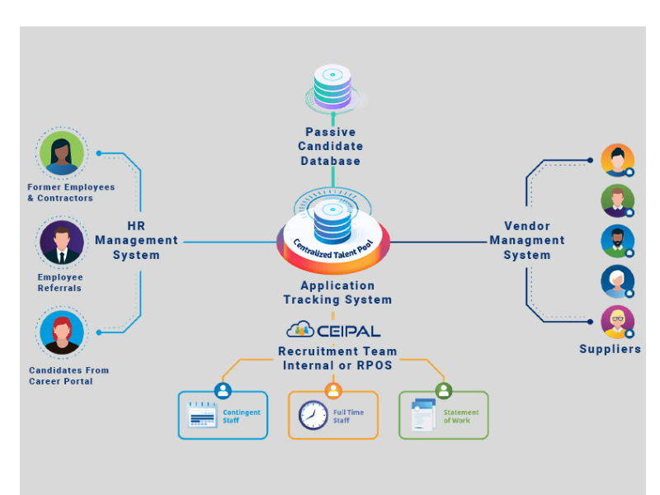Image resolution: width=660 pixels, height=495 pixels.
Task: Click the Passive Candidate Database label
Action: [330, 146]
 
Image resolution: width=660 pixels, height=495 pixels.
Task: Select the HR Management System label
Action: [137, 240]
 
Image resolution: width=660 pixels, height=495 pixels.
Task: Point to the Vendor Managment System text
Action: [527, 240]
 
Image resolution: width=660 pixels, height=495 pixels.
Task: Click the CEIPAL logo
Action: [333, 330]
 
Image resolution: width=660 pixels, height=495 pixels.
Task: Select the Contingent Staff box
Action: [223, 415]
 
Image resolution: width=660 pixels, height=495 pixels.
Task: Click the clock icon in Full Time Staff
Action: [313, 415]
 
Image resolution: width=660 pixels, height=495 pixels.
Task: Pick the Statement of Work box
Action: [444, 415]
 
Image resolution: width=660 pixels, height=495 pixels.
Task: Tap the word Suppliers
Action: [610, 349]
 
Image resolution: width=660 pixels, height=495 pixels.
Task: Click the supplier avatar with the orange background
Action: [617, 160]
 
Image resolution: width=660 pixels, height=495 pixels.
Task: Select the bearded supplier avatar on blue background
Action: [617, 241]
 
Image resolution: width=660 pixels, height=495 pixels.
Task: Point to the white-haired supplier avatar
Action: [617, 281]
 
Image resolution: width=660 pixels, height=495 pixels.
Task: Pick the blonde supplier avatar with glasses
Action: [617, 322]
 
